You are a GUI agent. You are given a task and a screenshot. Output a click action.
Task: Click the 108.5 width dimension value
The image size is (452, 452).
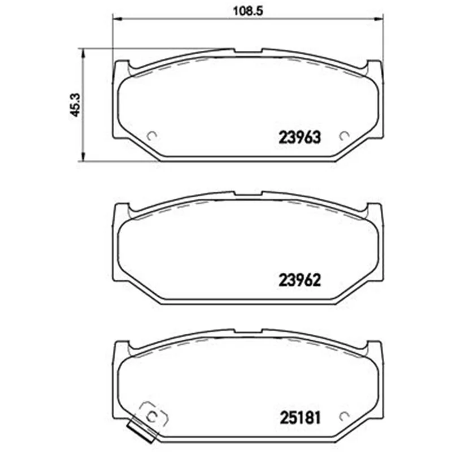248,11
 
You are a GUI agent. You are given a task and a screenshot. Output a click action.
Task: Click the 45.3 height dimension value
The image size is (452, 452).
76,105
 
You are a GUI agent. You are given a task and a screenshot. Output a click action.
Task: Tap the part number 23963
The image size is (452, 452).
299,137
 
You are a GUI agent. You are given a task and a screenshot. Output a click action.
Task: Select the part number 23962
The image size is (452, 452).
299,280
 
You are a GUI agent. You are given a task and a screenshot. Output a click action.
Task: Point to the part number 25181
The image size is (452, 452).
300,418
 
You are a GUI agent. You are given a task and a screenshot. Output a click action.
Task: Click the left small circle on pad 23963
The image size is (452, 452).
151,136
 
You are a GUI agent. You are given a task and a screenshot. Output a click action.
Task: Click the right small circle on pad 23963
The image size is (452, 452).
344,136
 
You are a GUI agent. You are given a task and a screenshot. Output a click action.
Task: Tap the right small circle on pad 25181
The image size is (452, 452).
344,416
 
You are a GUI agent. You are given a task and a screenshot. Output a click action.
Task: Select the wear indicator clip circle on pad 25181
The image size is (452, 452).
151,416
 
